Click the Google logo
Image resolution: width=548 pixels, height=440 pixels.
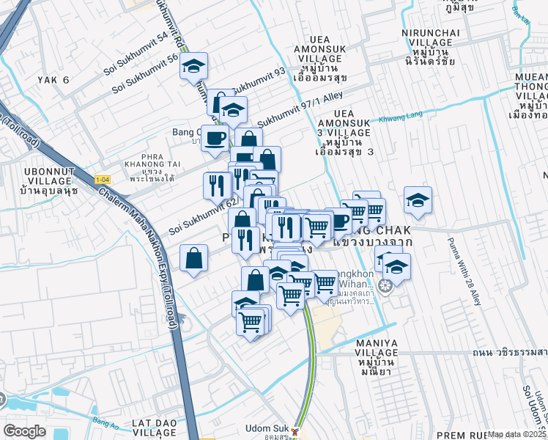pos(24,431)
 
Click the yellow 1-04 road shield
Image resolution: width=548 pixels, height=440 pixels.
pos(103,180)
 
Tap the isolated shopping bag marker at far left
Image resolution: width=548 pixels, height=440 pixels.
pos(193,258)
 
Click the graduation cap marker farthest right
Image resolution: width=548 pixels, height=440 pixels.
pos(418,199)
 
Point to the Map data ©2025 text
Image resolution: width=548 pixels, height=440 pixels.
pos(517,434)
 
